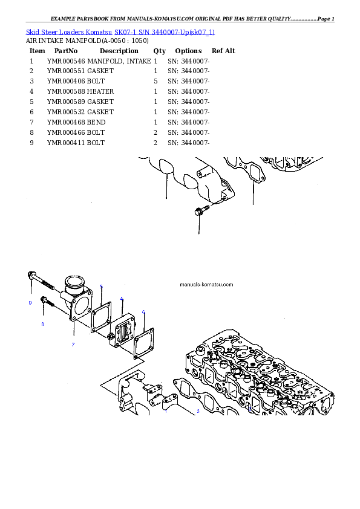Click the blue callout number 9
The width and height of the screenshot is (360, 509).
30,303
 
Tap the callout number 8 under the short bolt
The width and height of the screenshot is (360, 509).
42,324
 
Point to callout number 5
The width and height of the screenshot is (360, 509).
101,286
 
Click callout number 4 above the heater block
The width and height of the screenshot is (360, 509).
122,299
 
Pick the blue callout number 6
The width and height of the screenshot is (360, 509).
143,312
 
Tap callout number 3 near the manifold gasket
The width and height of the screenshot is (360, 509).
197,412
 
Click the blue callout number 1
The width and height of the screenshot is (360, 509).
166,410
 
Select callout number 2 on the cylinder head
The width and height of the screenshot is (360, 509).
249,409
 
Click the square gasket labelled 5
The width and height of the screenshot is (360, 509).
100,316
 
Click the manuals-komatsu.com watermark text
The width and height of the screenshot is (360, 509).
206,284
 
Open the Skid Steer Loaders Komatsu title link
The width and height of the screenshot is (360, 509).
120,31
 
